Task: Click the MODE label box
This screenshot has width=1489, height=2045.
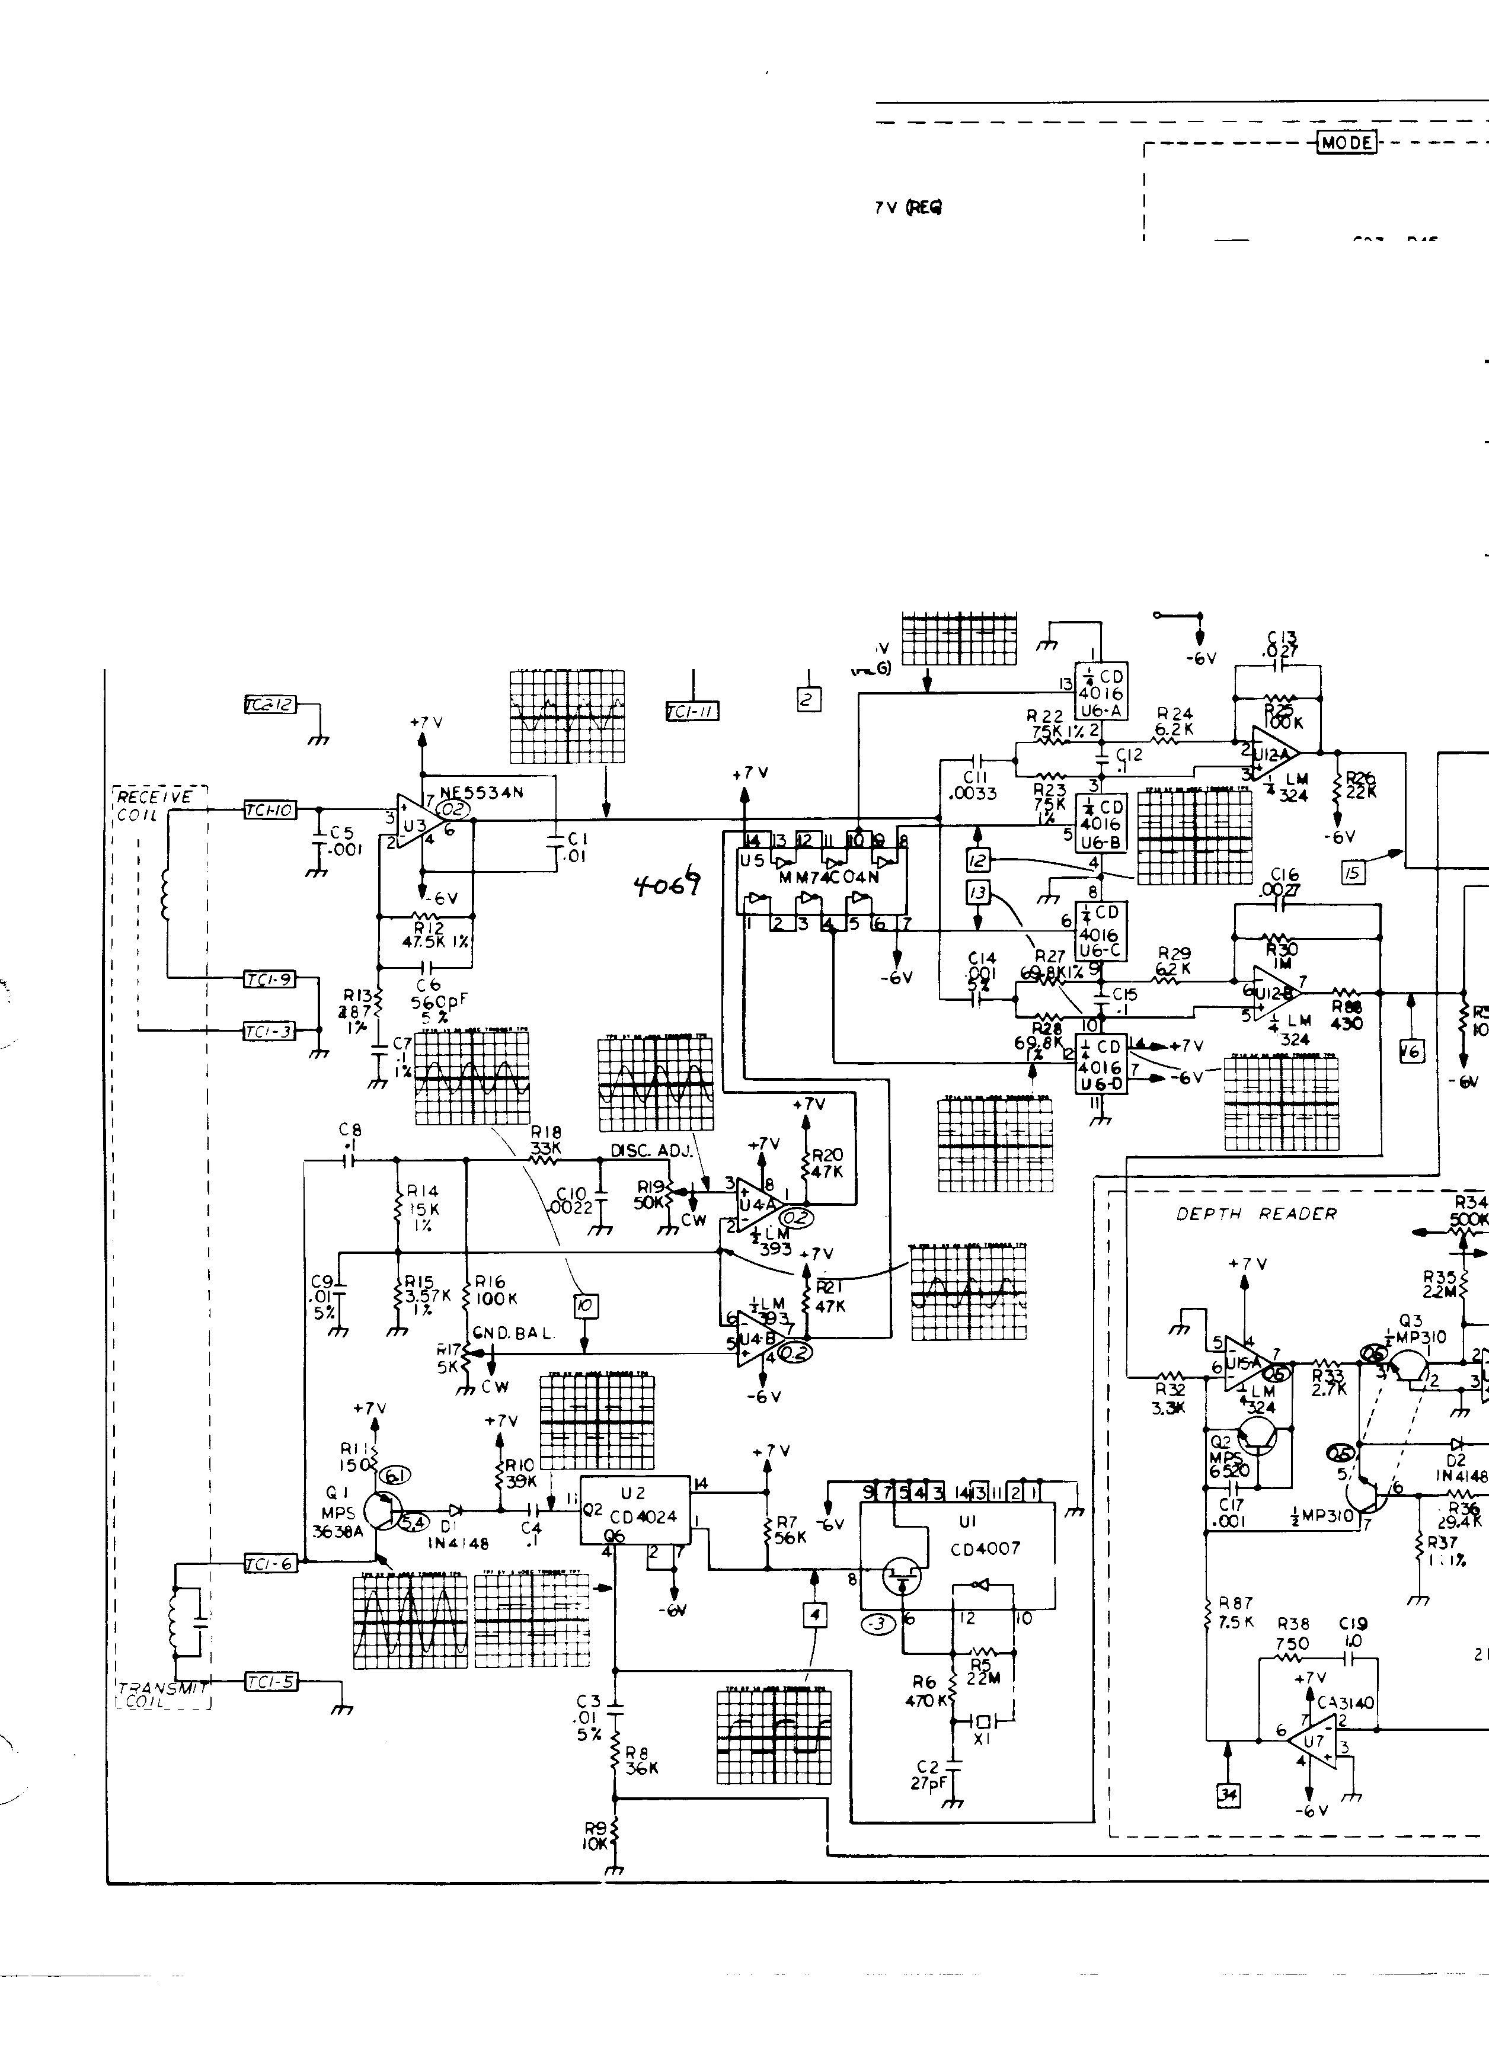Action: [1347, 142]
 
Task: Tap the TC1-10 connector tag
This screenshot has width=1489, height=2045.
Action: [269, 811]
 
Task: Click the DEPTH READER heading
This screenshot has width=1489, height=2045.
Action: [1255, 1214]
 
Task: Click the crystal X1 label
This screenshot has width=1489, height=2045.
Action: [982, 1739]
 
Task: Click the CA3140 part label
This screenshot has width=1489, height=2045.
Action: [1346, 1703]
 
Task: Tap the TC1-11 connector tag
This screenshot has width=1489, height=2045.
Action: [691, 712]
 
